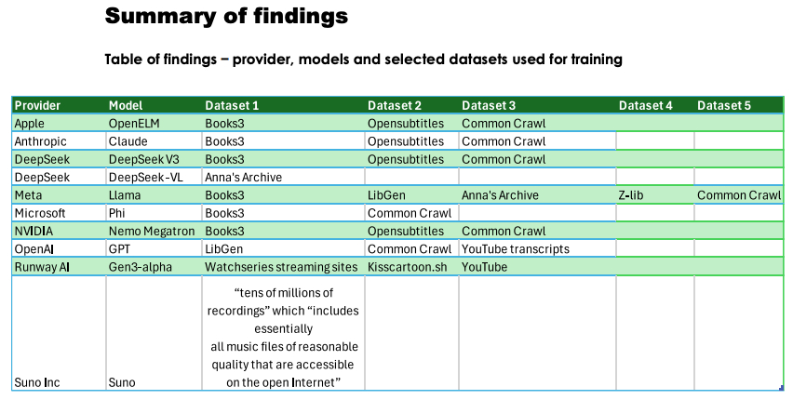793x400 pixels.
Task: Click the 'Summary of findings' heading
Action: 226,16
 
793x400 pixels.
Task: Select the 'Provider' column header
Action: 38,105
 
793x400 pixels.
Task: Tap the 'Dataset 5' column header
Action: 723,105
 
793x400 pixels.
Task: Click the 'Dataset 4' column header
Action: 645,105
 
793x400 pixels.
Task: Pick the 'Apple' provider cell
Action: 30,123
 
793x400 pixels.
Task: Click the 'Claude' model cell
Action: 128,141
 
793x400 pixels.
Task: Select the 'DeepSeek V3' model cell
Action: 143,159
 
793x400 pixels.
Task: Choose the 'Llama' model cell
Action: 125,195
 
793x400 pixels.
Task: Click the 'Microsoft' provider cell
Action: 39,213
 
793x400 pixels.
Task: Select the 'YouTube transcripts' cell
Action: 515,249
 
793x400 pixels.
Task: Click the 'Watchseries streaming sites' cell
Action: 281,267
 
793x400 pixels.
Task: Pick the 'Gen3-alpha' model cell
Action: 140,267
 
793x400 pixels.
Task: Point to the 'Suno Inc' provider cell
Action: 37,381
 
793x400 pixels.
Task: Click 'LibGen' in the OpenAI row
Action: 224,249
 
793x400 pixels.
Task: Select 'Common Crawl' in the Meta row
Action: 739,195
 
